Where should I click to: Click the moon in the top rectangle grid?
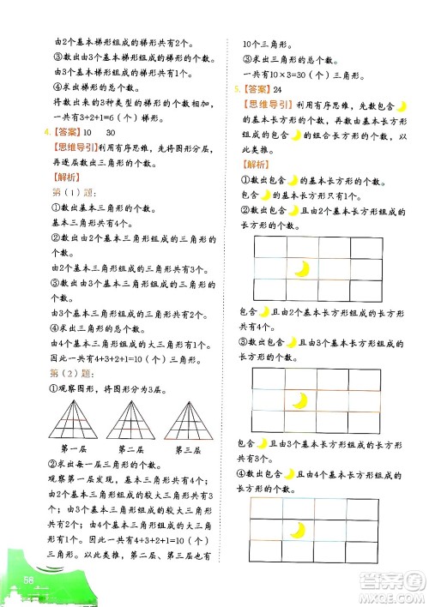pyautogui.click(x=301, y=269)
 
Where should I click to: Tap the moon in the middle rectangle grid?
pyautogui.click(x=301, y=400)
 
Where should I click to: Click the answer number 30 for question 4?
pyautogui.click(x=111, y=132)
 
